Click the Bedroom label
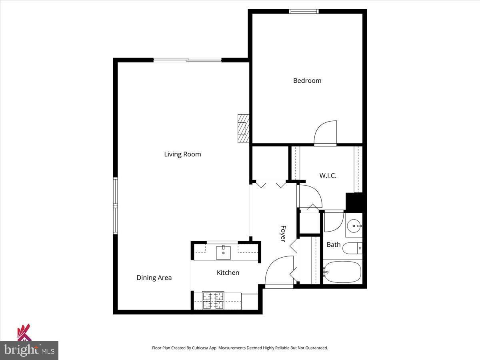(x=307, y=80)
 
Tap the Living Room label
(x=182, y=154)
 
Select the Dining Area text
(x=154, y=278)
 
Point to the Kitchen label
(x=228, y=272)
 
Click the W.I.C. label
(x=328, y=176)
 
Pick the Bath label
(x=334, y=244)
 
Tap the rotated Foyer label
(x=283, y=234)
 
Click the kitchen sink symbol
(x=223, y=252)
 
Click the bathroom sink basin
(x=353, y=226)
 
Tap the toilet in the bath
(x=352, y=248)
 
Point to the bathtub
(x=342, y=272)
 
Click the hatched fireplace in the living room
(x=243, y=128)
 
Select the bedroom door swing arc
(x=325, y=133)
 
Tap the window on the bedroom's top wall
(x=304, y=11)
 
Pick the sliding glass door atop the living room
(x=188, y=60)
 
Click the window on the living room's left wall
(x=116, y=206)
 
